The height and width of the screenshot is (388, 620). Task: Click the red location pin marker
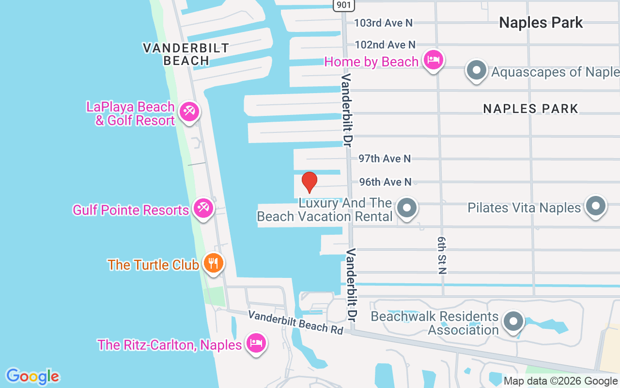pyautogui.click(x=309, y=182)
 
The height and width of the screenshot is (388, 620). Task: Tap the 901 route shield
pyautogui.click(x=343, y=5)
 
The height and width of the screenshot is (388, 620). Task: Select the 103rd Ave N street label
pyautogui.click(x=383, y=22)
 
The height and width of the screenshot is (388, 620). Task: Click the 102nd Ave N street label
pyautogui.click(x=385, y=45)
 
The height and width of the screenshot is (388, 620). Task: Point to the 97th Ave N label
pyautogui.click(x=385, y=159)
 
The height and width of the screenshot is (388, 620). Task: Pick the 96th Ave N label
pyautogui.click(x=385, y=182)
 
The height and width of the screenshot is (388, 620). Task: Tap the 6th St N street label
pyautogui.click(x=441, y=256)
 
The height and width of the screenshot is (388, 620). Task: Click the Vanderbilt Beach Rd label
pyautogui.click(x=295, y=322)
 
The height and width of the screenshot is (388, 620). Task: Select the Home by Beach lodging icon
pyautogui.click(x=434, y=60)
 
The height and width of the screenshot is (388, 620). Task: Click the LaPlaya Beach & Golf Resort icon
pyautogui.click(x=188, y=112)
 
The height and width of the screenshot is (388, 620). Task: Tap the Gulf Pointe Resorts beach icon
pyautogui.click(x=202, y=209)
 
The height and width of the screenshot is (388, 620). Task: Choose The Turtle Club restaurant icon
pyautogui.click(x=213, y=263)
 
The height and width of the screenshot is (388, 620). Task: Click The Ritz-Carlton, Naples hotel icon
pyautogui.click(x=255, y=343)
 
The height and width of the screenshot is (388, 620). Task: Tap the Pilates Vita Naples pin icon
pyautogui.click(x=596, y=206)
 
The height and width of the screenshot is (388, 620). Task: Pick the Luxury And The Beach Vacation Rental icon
pyautogui.click(x=407, y=208)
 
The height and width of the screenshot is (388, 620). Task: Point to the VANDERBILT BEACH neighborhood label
pyautogui.click(x=186, y=54)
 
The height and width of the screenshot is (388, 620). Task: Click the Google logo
pyautogui.click(x=32, y=376)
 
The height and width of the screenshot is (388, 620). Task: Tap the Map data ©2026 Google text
pyautogui.click(x=560, y=381)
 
